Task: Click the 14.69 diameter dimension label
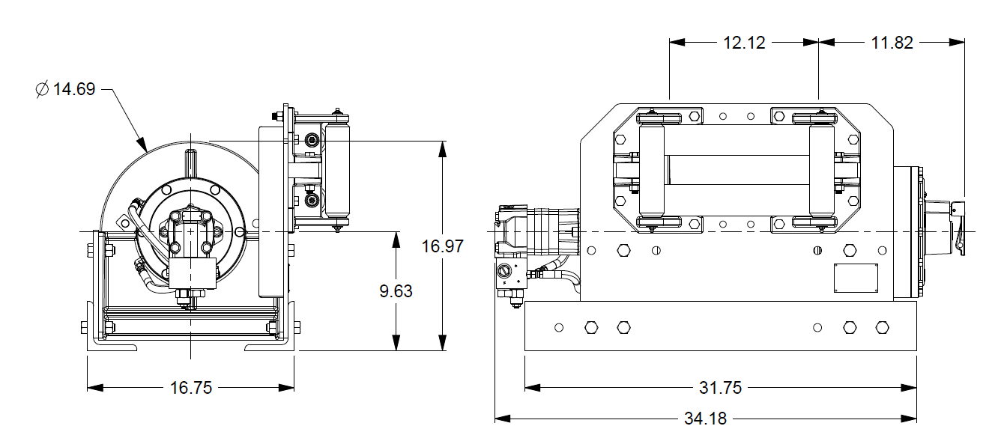(x=74, y=89)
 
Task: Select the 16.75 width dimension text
(x=190, y=387)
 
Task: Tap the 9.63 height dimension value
(x=395, y=290)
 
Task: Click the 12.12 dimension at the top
(x=744, y=43)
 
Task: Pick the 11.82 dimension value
(x=892, y=43)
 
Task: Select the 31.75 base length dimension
(x=721, y=387)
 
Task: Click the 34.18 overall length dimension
(x=705, y=418)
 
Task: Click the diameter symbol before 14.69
(x=42, y=90)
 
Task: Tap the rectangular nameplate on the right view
(x=856, y=278)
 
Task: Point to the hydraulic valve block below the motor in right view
(x=512, y=280)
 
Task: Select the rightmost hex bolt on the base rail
(x=882, y=327)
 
